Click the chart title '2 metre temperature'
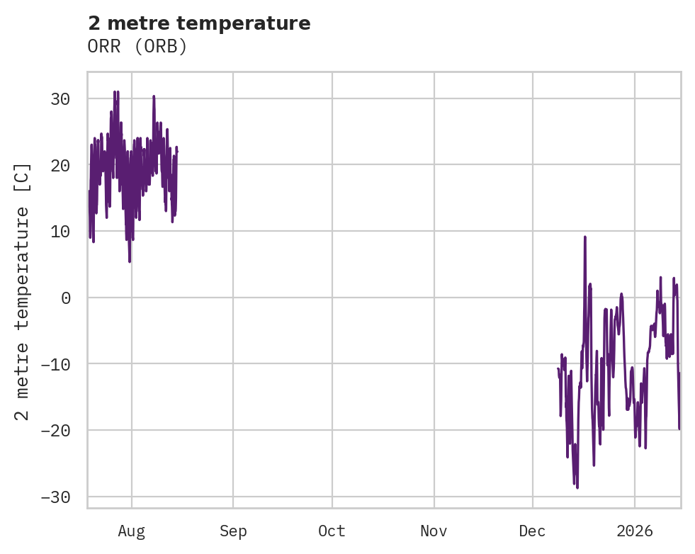[x=199, y=23]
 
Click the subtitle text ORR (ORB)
[x=137, y=47]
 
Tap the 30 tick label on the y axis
[x=60, y=98]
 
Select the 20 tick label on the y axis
[x=60, y=165]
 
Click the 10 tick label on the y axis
[x=60, y=231]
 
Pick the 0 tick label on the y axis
[x=65, y=298]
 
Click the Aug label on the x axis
[x=132, y=531]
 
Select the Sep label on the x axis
[x=233, y=531]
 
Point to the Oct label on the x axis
[x=332, y=531]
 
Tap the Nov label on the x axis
[x=434, y=531]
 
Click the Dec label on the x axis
[x=532, y=531]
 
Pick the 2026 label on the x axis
[x=635, y=531]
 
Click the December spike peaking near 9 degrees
[x=585, y=237]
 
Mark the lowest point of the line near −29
[x=577, y=487]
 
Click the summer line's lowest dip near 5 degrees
[x=130, y=261]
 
